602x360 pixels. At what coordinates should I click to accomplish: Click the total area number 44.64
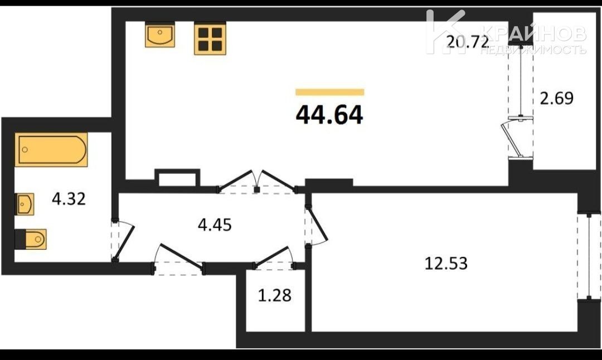pos(329,115)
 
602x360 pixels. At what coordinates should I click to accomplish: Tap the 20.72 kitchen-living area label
pos(468,41)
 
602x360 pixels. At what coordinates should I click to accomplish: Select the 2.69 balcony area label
pos(557,98)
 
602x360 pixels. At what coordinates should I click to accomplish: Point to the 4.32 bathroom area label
pos(69,199)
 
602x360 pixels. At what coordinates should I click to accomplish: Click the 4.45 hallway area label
pos(215,225)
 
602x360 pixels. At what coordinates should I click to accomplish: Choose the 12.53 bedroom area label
pos(446,264)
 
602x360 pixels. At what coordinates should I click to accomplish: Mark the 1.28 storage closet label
pos(274,295)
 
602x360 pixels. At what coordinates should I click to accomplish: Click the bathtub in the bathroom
pos(51,149)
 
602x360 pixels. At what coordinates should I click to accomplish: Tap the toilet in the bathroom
pos(31,239)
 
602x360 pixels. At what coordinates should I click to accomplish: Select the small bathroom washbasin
pos(25,204)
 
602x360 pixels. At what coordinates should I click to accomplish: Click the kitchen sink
pos(160,35)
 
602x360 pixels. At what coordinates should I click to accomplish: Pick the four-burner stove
pos(210,38)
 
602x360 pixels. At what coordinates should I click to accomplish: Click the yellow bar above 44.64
pos(330,92)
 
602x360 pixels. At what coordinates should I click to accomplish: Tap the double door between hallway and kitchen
pos(257,181)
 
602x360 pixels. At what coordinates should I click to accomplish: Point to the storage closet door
pos(274,257)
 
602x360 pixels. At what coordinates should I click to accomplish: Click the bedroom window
pos(589,257)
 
